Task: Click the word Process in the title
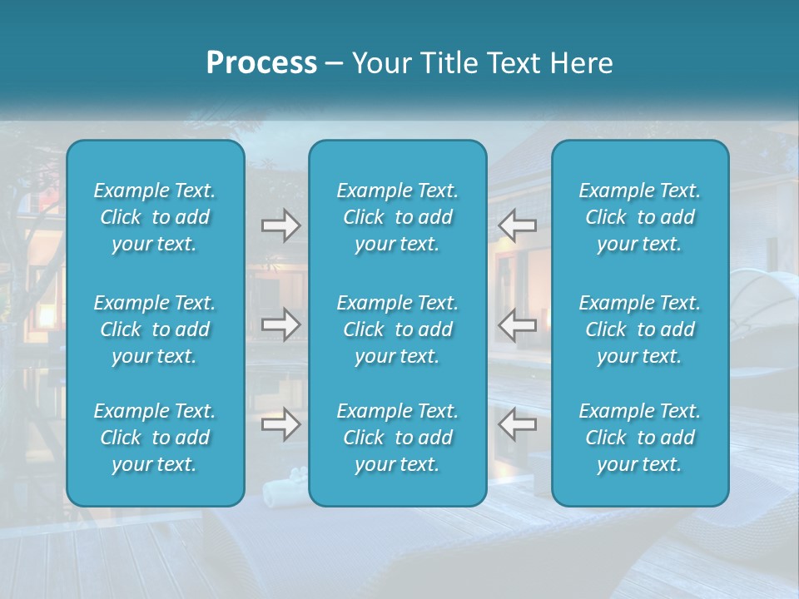pyautogui.click(x=261, y=63)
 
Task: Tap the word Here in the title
pyautogui.click(x=581, y=63)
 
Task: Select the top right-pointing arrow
pyautogui.click(x=280, y=225)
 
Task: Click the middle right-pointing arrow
pyautogui.click(x=280, y=324)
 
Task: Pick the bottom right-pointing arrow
pyautogui.click(x=280, y=424)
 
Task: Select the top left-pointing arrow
pyautogui.click(x=518, y=225)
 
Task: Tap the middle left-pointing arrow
pyautogui.click(x=518, y=324)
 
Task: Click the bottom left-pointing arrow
pyautogui.click(x=518, y=424)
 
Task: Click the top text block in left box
pyautogui.click(x=155, y=217)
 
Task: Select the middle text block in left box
pyautogui.click(x=155, y=329)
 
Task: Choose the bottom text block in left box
pyautogui.click(x=155, y=438)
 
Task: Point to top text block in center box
pyautogui.click(x=397, y=217)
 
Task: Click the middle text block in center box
pyautogui.click(x=397, y=329)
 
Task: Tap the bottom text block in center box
pyautogui.click(x=397, y=438)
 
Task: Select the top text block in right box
pyautogui.click(x=639, y=217)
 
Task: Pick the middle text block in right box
pyautogui.click(x=639, y=329)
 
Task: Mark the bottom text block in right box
pyautogui.click(x=639, y=438)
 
